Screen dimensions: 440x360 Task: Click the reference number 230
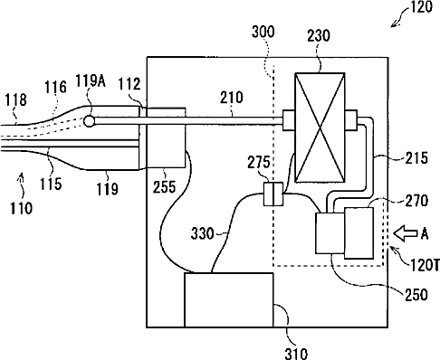click(319, 35)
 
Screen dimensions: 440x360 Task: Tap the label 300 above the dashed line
click(263, 32)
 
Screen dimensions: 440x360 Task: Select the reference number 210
click(232, 98)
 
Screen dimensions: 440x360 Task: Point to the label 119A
click(91, 81)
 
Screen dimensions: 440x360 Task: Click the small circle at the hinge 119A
click(89, 121)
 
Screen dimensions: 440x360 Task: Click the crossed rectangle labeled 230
click(320, 128)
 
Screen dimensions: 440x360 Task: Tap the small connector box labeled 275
click(273, 194)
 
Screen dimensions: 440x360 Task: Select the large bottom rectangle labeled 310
click(229, 300)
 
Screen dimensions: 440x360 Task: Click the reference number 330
click(202, 233)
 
